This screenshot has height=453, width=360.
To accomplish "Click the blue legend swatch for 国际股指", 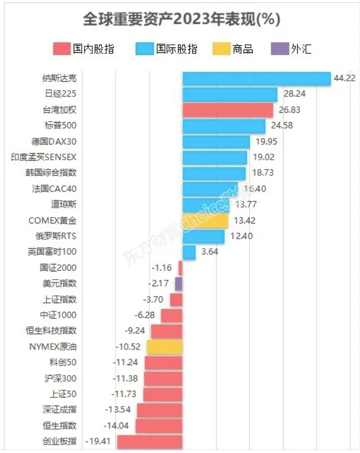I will (145, 49).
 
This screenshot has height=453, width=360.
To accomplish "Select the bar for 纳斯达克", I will (256, 78).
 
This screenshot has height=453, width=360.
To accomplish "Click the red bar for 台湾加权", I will (227, 110).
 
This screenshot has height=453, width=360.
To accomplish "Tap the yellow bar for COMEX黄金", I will (205, 221).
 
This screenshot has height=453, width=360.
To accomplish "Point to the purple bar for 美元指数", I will (178, 283).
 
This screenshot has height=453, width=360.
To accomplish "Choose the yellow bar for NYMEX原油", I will (164, 347).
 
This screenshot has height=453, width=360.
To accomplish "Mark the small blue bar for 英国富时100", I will (189, 252).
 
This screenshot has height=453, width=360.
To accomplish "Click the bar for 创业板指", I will (149, 441).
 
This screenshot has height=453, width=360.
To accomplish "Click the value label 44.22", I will (345, 78).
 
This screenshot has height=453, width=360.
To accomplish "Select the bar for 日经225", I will (230, 94).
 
